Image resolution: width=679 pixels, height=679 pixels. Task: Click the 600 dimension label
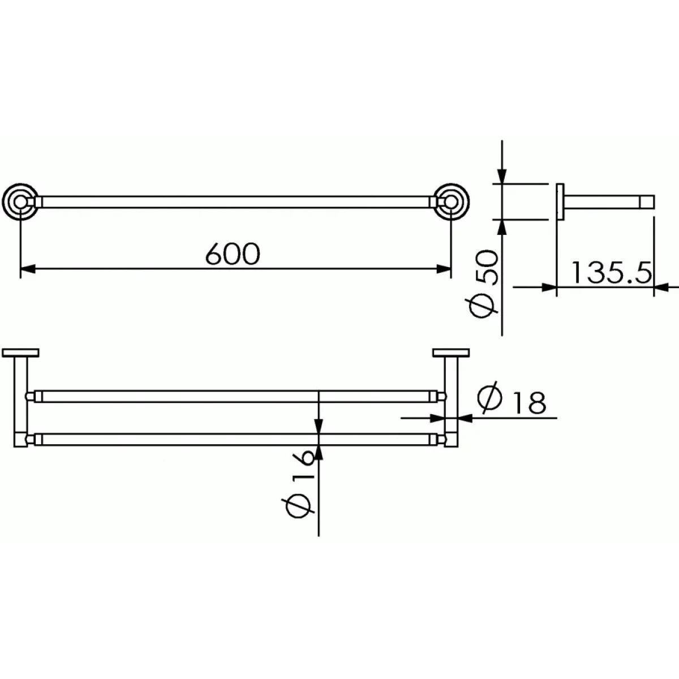tap(233, 253)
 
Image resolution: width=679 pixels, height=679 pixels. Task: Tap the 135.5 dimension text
tap(611, 272)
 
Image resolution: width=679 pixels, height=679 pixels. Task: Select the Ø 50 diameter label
tap(484, 285)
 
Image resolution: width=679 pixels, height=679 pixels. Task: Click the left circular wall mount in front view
tap(20, 202)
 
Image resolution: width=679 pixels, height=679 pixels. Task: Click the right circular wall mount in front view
tap(451, 202)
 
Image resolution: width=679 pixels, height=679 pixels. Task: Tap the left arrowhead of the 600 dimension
tap(28, 269)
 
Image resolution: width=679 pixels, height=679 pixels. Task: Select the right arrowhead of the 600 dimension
tap(444, 269)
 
